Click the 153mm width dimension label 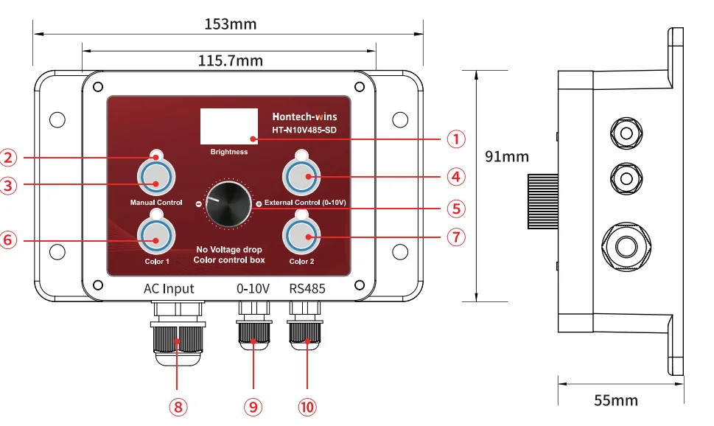(x=231, y=24)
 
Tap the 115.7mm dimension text (x=231, y=60)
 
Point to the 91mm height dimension (x=507, y=156)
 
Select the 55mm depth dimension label (x=616, y=400)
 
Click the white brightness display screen (x=229, y=126)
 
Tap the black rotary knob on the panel (x=228, y=203)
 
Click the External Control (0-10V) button (x=301, y=176)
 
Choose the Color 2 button (x=301, y=236)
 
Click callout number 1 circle (x=456, y=139)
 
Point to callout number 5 (x=456, y=209)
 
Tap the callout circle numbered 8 (x=178, y=407)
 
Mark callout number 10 (x=307, y=407)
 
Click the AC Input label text (x=169, y=289)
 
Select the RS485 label (x=307, y=288)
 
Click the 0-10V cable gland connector (x=253, y=326)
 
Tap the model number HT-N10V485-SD (x=304, y=130)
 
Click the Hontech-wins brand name (x=304, y=116)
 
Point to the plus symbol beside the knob (x=259, y=203)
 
